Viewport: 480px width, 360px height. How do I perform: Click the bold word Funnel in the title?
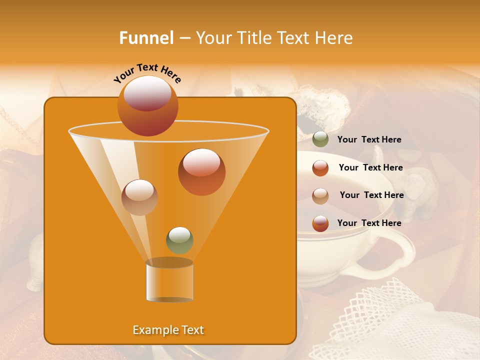(x=146, y=38)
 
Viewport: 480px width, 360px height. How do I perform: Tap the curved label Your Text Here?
(x=147, y=73)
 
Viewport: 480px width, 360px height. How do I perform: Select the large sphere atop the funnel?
(x=147, y=105)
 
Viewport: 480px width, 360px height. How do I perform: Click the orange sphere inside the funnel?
(x=201, y=172)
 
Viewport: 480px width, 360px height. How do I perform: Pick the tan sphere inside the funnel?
(x=139, y=197)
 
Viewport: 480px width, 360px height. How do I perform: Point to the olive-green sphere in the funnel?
(x=179, y=240)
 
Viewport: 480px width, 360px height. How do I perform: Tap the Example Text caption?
(x=168, y=330)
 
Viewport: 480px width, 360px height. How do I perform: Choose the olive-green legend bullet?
(x=320, y=139)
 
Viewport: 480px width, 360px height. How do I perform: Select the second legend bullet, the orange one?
(x=320, y=168)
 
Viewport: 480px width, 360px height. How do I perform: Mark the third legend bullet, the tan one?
(x=320, y=195)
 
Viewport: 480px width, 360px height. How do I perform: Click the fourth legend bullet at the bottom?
(x=320, y=223)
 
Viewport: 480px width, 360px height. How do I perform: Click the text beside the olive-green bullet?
(x=369, y=139)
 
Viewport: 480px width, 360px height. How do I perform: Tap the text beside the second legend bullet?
(x=370, y=167)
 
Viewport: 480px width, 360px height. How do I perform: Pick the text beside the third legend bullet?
(x=371, y=195)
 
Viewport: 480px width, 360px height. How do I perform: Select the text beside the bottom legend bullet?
(x=369, y=223)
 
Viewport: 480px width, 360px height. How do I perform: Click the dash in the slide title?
(x=184, y=38)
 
